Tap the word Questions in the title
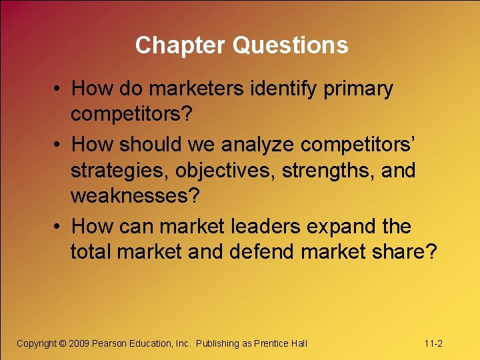click(290, 45)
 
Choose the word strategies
click(120, 171)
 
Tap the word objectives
click(225, 171)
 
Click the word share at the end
click(409, 252)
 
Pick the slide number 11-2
click(433, 343)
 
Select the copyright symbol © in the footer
click(62, 343)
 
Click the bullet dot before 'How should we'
click(58, 145)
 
